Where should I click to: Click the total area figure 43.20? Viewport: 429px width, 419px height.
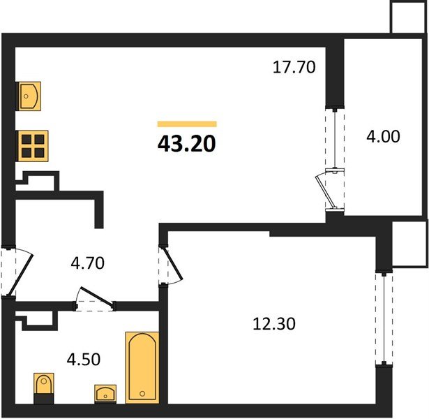pos(186,144)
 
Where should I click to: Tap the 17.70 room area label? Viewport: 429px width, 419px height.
pos(294,67)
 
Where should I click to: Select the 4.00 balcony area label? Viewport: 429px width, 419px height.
pos(383,136)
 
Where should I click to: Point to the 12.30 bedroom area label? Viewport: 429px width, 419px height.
pos(274,324)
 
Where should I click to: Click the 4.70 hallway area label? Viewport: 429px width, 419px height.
pos(88,263)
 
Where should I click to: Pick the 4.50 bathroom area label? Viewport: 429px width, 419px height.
pos(84,359)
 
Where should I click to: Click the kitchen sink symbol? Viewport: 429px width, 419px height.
pos(29,96)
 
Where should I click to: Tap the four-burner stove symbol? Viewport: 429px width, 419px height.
pos(33,146)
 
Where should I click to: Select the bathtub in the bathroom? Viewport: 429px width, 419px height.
pos(142,367)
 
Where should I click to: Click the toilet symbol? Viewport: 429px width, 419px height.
pos(44,388)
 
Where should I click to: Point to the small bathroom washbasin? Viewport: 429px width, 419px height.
pos(105,394)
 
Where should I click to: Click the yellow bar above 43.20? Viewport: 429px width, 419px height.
pos(187,124)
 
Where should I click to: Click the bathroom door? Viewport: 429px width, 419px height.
pos(96,296)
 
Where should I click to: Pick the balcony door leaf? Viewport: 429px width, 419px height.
pos(325,191)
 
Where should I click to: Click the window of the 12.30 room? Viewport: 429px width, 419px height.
pos(384,318)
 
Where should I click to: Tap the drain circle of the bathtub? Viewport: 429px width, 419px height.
pos(142,394)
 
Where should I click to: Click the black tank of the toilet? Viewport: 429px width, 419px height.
pos(44,399)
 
